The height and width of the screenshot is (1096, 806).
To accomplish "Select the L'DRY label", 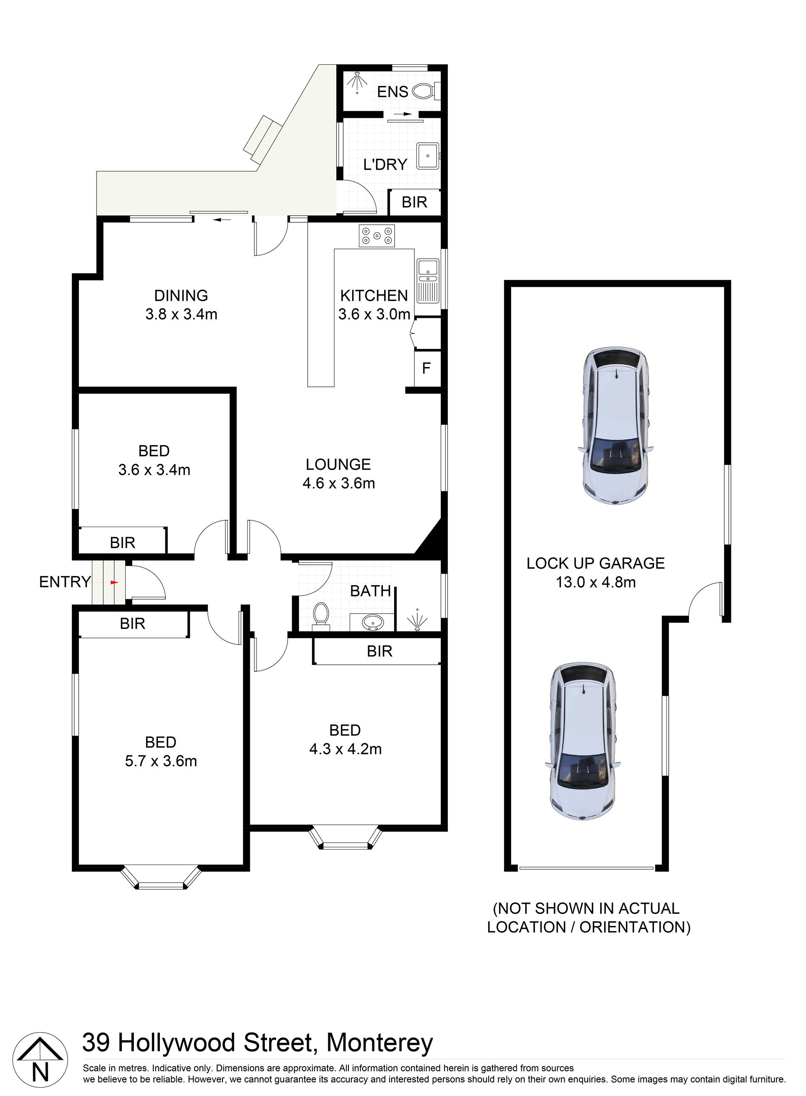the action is coord(385,165).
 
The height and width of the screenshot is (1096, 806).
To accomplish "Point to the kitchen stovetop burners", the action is coord(377,236).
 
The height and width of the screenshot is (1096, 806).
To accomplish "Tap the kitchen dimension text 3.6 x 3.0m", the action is coord(374,314).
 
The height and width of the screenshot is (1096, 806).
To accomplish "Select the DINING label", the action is coord(181,295).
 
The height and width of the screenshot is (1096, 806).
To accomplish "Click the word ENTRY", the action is coord(65,582).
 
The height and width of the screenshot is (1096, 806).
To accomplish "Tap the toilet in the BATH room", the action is coord(321,614).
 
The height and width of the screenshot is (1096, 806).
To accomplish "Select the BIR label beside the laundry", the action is coord(414,202).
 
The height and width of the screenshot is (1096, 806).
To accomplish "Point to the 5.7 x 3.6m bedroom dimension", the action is coord(161,761).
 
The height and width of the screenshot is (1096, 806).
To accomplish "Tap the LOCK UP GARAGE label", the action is coord(596,563).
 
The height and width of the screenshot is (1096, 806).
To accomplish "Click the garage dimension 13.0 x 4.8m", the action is coord(596,582).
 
